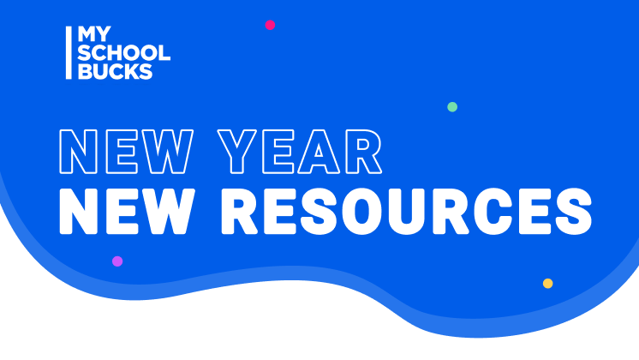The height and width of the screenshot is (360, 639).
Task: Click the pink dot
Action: click(x=270, y=25)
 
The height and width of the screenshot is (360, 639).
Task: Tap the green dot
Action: click(x=452, y=107)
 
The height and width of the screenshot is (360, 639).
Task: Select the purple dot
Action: click(x=117, y=261)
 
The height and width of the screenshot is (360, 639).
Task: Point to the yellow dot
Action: click(x=547, y=284)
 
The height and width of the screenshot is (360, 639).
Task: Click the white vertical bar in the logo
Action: click(x=69, y=52)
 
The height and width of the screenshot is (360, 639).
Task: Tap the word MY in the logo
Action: click(x=94, y=33)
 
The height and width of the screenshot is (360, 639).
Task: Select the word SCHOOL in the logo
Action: click(x=124, y=53)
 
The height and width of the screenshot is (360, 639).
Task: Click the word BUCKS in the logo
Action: click(x=115, y=71)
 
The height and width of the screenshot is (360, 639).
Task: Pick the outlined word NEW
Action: click(x=126, y=152)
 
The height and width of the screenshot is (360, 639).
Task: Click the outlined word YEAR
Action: click(x=300, y=152)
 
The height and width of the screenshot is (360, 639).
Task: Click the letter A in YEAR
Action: click(x=319, y=152)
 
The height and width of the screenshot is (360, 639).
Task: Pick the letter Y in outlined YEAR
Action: click(x=237, y=152)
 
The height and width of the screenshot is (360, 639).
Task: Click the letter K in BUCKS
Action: click(x=128, y=71)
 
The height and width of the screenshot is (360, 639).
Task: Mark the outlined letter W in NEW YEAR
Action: click(x=167, y=152)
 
